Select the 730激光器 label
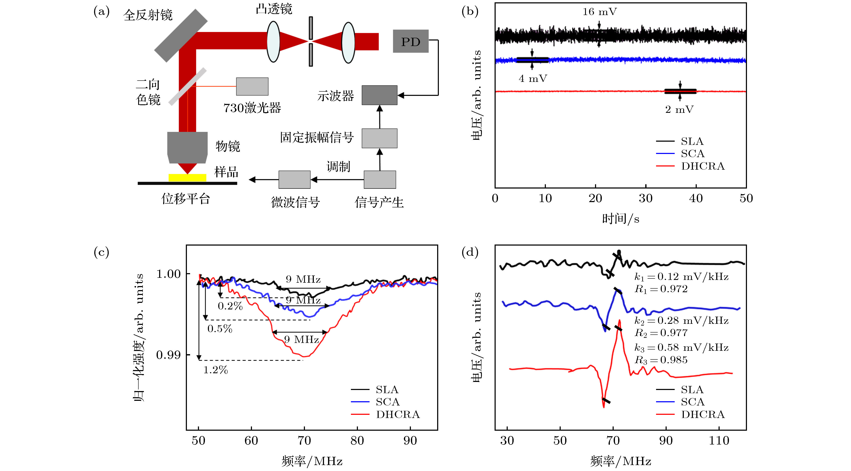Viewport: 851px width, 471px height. [252, 108]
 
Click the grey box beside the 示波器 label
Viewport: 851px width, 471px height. [379, 95]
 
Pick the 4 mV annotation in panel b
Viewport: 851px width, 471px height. [533, 79]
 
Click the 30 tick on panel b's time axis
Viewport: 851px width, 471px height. [645, 198]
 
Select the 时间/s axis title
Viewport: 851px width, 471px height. [620, 219]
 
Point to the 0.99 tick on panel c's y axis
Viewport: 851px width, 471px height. [168, 355]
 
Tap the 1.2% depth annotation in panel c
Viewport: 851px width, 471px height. [215, 370]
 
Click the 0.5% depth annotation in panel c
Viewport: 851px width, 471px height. [220, 328]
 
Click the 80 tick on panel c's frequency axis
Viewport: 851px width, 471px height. [357, 441]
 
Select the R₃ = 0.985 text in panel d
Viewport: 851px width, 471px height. [661, 360]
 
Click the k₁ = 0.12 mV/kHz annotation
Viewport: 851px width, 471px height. [681, 277]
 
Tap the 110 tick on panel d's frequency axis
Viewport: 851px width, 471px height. [719, 441]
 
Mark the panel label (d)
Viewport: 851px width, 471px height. [470, 253]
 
